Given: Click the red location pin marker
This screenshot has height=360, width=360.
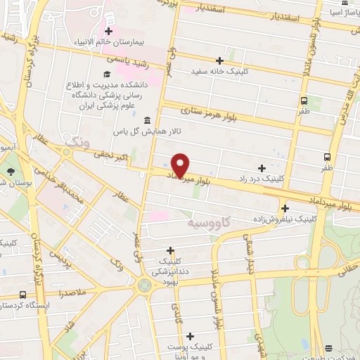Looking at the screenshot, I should (x=181, y=165).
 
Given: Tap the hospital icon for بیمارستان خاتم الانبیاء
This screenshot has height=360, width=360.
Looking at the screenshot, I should (x=109, y=31).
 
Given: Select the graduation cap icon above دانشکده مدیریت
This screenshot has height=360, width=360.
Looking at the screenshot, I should (x=106, y=74).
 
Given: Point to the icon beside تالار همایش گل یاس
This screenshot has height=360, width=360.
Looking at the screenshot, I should (x=146, y=120).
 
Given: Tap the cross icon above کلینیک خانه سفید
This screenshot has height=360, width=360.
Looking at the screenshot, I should (x=219, y=60).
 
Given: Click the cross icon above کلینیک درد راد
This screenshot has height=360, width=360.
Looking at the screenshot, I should (x=262, y=168).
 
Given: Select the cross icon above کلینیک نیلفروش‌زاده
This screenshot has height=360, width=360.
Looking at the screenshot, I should (x=285, y=208).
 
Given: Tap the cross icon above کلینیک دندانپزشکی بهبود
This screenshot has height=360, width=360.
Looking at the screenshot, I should (x=170, y=250).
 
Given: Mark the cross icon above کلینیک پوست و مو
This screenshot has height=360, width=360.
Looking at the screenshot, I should (x=209, y=336).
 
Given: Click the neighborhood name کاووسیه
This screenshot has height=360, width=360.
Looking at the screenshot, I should (x=209, y=222).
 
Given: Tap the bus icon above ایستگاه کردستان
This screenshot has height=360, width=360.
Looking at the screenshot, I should (x=23, y=295).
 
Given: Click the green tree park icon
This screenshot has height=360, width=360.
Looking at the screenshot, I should (x=11, y=172).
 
